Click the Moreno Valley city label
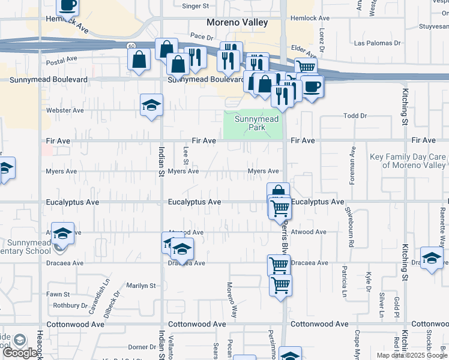pyautogui.click(x=237, y=22)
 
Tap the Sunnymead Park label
pyautogui.click(x=256, y=123)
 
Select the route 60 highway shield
pyautogui.click(x=131, y=46)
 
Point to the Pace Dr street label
pyautogui.click(x=202, y=37)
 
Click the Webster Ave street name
pyautogui.click(x=65, y=110)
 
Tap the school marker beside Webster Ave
pyautogui.click(x=151, y=105)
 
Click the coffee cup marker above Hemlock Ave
pyautogui.click(x=68, y=5)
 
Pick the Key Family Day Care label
pyautogui.click(x=408, y=161)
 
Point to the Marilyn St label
pyautogui.click(x=140, y=286)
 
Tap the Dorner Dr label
pyautogui.click(x=142, y=347)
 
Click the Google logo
pyautogui.click(x=20, y=353)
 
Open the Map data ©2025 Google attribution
pyautogui.click(x=412, y=355)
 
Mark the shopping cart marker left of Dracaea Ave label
pyautogui.click(x=279, y=265)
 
